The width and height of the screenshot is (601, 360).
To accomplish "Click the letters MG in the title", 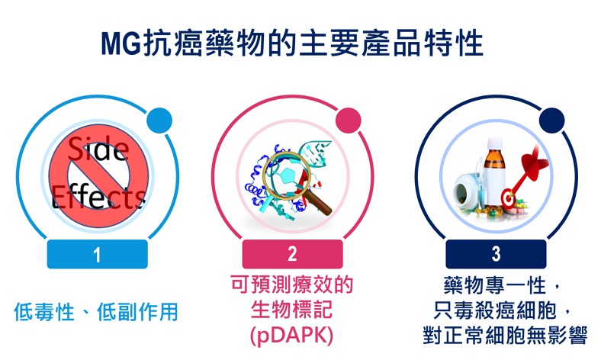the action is point(121,43).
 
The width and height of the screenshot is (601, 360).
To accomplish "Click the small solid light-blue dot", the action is point(159,121).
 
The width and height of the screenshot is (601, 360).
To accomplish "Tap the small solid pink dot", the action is point(349,121).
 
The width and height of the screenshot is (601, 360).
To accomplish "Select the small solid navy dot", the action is point(552,121).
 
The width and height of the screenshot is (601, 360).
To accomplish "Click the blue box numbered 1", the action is point(98,254).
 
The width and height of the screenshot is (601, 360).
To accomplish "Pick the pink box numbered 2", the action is point(292,254).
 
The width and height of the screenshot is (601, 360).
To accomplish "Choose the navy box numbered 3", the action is point(496,254).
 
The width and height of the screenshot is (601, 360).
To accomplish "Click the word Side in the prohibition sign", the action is point(98,149).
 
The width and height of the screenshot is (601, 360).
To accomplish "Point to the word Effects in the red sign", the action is point(98,196).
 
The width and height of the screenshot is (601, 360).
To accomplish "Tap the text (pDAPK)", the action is point(291,336).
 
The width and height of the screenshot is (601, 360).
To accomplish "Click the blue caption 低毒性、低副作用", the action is point(96,312).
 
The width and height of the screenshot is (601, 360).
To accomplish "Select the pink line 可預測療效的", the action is point(292,284).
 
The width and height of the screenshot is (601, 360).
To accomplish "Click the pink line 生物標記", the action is point(291,310).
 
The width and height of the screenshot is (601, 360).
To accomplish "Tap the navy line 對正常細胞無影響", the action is point(505,335).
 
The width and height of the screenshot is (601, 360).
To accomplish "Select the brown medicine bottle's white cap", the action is point(494,144).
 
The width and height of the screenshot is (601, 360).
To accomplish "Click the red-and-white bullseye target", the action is point(509,198).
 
